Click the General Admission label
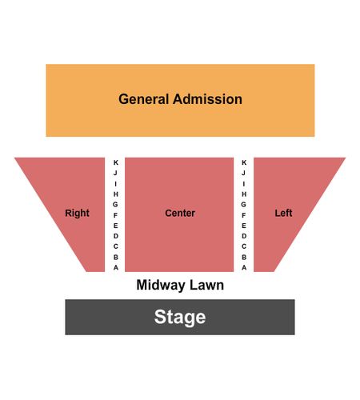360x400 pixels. [x=180, y=99]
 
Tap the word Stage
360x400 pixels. [x=180, y=318]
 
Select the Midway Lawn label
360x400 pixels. [x=180, y=285]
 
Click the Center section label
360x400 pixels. [x=180, y=213]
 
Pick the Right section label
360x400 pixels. [x=77, y=213]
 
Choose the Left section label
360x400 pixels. [x=283, y=213]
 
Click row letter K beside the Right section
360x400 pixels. [x=116, y=162]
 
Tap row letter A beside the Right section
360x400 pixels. [x=116, y=267]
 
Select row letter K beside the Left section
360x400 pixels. [x=244, y=162]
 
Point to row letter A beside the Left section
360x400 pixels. [x=244, y=267]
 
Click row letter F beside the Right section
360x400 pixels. [x=115, y=215]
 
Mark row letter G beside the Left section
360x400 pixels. [x=243, y=205]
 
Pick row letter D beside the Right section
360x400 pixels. [x=116, y=236]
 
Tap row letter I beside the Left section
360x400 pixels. [x=244, y=184]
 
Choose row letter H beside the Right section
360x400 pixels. [x=116, y=194]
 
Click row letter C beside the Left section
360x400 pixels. [x=244, y=246]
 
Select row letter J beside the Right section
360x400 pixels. [x=115, y=173]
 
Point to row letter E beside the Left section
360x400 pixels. [x=244, y=226]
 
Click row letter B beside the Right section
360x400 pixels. [x=116, y=258]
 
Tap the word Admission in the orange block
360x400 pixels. [x=207, y=99]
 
